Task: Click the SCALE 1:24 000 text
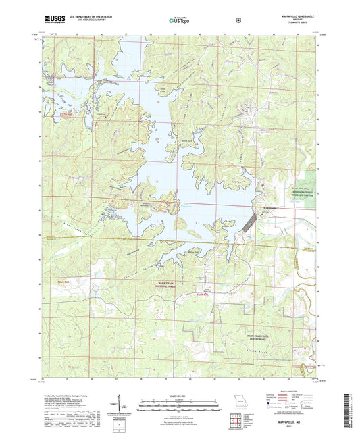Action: (179, 395)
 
